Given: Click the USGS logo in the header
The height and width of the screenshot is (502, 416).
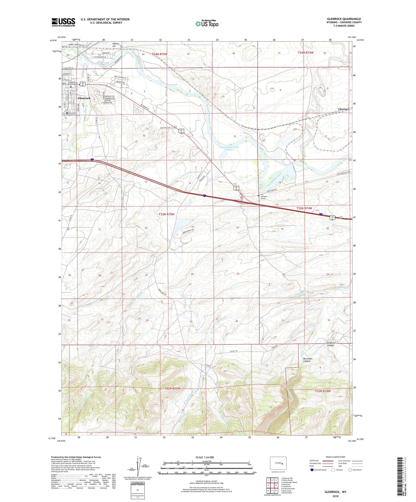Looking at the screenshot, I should click(63, 22).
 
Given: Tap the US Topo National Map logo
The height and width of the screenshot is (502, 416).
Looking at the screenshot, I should click(207, 24).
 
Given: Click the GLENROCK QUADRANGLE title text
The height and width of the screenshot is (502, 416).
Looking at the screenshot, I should click(344, 19).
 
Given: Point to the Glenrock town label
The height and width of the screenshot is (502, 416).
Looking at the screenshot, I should click(84, 98).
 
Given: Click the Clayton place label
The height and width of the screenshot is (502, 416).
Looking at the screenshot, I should click(343, 109).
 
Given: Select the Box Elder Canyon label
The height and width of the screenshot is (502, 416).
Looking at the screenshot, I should click(308, 360).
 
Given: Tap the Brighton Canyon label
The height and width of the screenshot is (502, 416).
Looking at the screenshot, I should click(331, 344).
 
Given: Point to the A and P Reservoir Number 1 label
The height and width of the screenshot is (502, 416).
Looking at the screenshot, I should click(229, 148).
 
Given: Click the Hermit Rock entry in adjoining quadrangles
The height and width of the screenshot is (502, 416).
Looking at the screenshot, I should click(286, 493).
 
